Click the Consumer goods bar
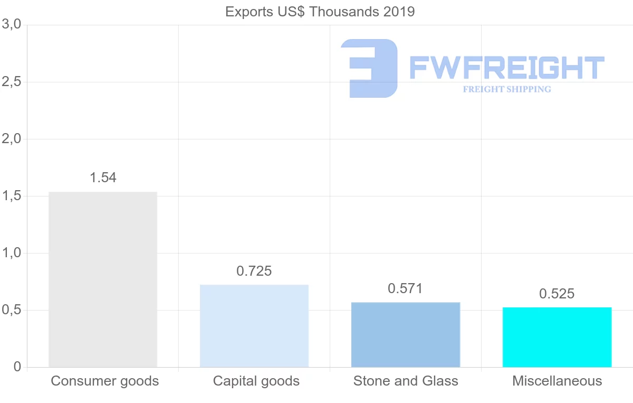(103, 279)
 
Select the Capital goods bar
(254, 326)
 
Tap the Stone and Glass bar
(406, 334)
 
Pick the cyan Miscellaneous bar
(557, 337)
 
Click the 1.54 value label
(103, 178)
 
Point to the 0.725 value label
(254, 271)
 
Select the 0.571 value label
(406, 289)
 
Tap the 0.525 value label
(557, 294)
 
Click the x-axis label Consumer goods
(104, 381)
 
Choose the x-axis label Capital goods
(256, 381)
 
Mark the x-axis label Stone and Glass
(406, 381)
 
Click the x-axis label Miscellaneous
(557, 381)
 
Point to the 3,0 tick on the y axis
(11, 24)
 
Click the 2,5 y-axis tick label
(11, 82)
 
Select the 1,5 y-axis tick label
(11, 196)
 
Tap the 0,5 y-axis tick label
(11, 310)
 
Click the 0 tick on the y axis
(17, 367)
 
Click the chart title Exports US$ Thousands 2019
(320, 12)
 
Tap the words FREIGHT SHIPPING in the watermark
(507, 89)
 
